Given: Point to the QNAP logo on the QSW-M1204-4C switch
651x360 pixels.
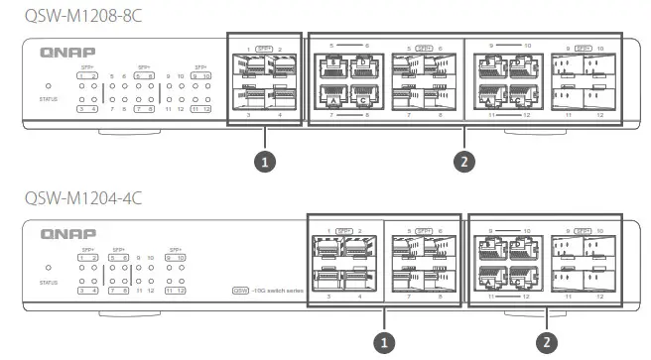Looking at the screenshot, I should [63, 234].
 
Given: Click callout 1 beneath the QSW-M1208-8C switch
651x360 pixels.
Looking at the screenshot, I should [265, 161].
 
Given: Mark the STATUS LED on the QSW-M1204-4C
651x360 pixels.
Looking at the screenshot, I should [49, 268].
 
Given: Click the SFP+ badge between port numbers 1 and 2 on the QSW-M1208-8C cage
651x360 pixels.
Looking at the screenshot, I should [264, 48].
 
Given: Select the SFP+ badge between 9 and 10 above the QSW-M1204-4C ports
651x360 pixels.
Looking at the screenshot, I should [586, 229].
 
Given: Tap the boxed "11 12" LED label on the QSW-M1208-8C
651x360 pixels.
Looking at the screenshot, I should [200, 109].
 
